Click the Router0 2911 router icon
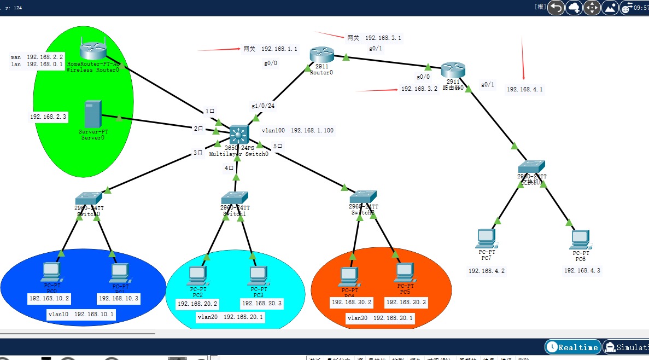tap(321, 55)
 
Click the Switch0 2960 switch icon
tap(89, 198)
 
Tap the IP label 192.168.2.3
tap(48, 117)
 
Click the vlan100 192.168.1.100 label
tap(297, 131)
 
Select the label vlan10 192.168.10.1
tap(81, 315)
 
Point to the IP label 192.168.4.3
tap(582, 270)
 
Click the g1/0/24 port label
tap(263, 106)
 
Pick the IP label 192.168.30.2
tap(352, 302)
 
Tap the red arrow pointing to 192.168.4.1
tap(523, 57)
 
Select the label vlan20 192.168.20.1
tap(230, 317)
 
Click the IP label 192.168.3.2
tap(419, 89)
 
